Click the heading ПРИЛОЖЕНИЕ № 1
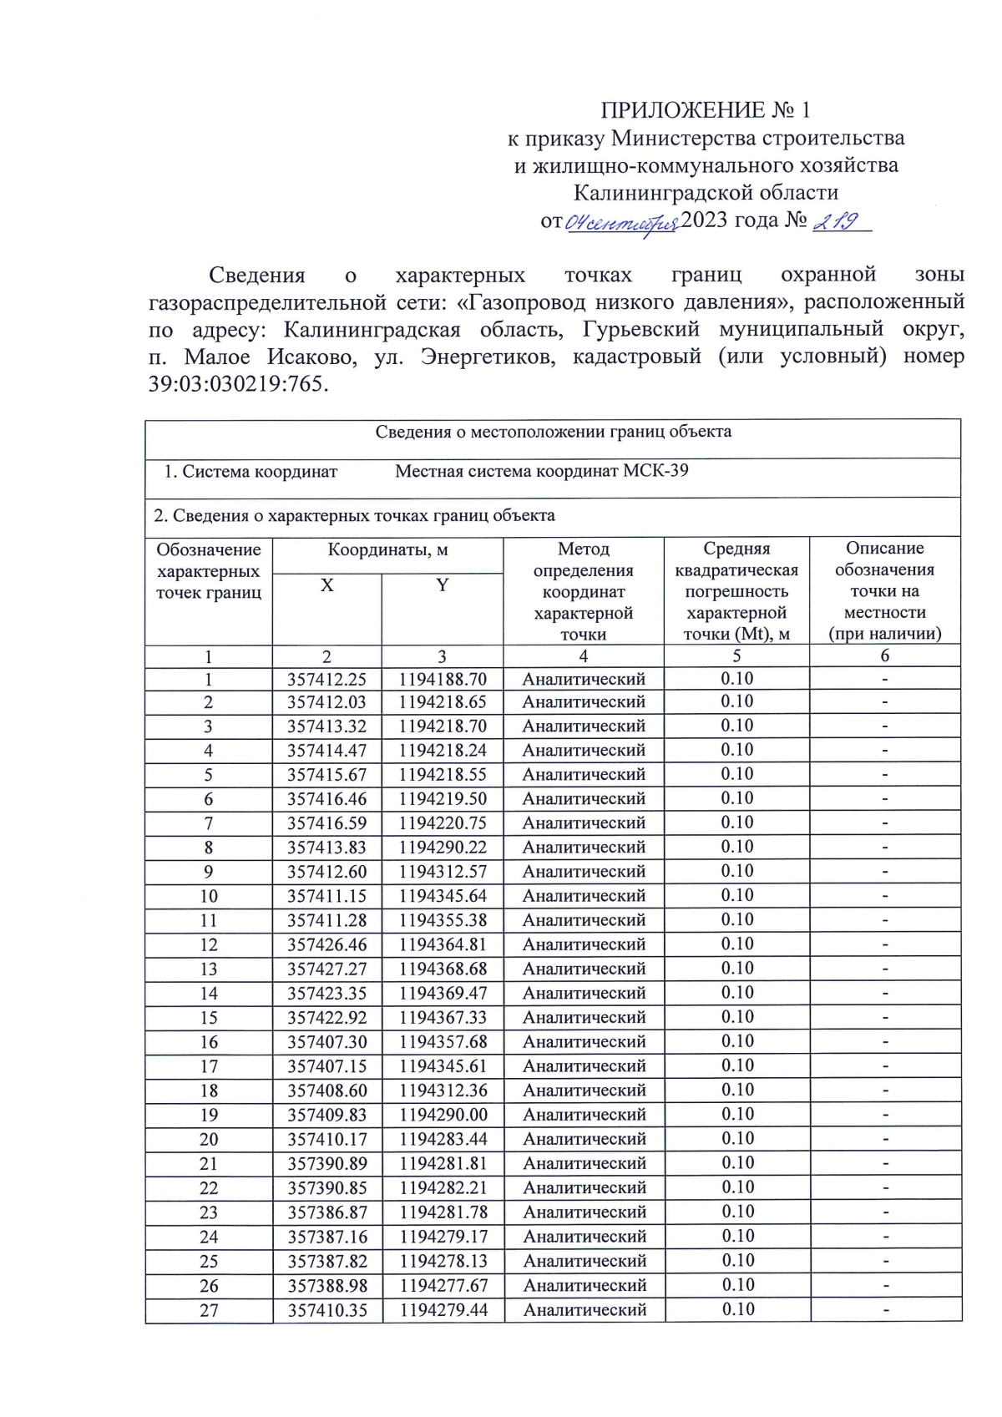pyautogui.click(x=706, y=110)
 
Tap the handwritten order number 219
pyautogui.click(x=837, y=221)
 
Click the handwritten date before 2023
pyautogui.click(x=622, y=223)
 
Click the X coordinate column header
pyautogui.click(x=327, y=585)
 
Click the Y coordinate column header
pyautogui.click(x=443, y=585)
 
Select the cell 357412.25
pyautogui.click(x=327, y=680)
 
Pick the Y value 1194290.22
pyautogui.click(x=443, y=848)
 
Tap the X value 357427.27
pyautogui.click(x=327, y=969)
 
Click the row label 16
pyautogui.click(x=209, y=1042)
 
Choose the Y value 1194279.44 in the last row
pyautogui.click(x=443, y=1310)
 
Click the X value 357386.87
pyautogui.click(x=327, y=1212)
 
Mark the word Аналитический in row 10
pyautogui.click(x=584, y=896)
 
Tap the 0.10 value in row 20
pyautogui.click(x=737, y=1139)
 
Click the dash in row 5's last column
pyautogui.click(x=885, y=775)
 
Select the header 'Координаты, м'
pyautogui.click(x=387, y=550)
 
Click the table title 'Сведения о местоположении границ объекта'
pyautogui.click(x=553, y=432)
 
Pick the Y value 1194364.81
pyautogui.click(x=443, y=945)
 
